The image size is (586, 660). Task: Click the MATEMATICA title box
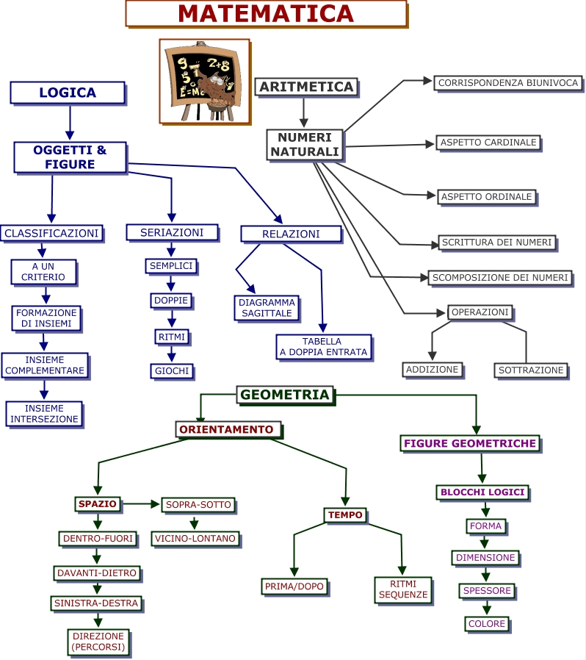266,13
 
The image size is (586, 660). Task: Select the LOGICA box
68,93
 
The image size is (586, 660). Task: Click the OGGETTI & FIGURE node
70,157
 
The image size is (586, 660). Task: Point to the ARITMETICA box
307,87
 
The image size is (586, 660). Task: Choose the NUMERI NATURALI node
305,145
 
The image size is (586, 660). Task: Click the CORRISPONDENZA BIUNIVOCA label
508,83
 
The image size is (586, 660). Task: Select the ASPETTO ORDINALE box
486,197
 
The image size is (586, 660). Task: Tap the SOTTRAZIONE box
532,370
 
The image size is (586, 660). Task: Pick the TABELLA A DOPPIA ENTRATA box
323,347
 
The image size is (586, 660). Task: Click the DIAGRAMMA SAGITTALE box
267,307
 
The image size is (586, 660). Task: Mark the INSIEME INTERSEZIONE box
44,414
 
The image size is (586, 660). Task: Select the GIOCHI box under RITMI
172,371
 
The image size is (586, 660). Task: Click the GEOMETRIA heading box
285,395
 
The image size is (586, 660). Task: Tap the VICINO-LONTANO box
195,539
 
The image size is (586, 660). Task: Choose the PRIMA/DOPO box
294,587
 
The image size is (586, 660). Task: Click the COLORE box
487,624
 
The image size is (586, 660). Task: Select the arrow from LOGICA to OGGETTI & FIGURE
70,122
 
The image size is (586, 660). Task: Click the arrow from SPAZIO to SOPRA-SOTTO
141,504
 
